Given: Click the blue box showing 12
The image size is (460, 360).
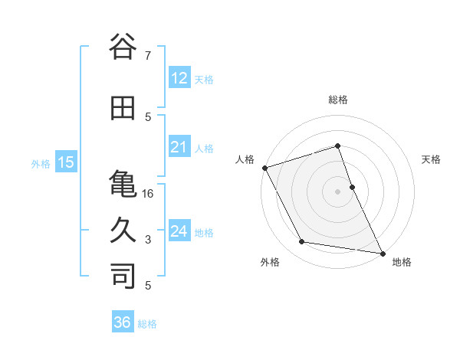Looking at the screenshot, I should (179, 78).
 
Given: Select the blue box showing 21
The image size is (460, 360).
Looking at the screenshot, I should (179, 147).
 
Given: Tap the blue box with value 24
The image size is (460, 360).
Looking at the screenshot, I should (179, 231).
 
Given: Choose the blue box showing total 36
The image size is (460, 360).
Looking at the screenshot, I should (122, 322).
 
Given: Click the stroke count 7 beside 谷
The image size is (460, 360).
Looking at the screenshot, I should (147, 55).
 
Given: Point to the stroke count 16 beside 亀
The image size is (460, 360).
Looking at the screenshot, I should (148, 194).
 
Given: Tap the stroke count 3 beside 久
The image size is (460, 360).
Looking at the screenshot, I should (148, 240).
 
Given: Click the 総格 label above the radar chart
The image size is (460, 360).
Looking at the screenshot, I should (338, 100).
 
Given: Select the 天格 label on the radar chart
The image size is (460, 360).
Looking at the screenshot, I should (431, 159).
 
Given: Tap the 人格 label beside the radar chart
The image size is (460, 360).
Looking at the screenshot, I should (245, 159).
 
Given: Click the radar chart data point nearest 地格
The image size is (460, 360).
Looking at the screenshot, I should (381, 252).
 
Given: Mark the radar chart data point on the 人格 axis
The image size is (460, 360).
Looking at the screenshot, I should (265, 168).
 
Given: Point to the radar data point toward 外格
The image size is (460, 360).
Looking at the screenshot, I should (302, 242).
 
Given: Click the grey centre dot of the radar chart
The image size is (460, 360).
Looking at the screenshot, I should (338, 191).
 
